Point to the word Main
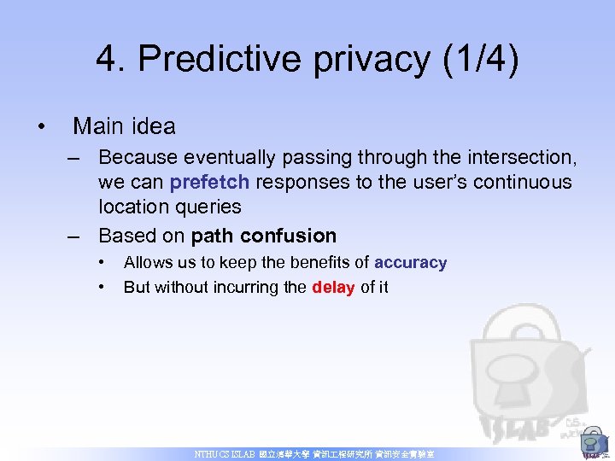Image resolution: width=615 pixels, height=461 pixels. point(96,126)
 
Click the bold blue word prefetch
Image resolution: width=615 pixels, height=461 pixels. point(211,182)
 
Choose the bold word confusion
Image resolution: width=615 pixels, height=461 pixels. point(289,236)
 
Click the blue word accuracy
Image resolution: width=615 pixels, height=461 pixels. point(410,263)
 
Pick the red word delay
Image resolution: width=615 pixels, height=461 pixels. point(334,287)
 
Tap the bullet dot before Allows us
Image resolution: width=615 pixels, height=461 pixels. point(102,261)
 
